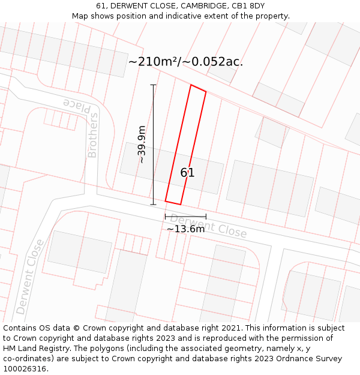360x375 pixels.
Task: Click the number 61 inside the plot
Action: click(x=187, y=173)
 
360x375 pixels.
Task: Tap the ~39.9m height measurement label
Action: click(x=142, y=145)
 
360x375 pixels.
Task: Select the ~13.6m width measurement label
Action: click(x=185, y=229)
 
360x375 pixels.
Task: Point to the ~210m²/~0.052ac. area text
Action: click(x=185, y=61)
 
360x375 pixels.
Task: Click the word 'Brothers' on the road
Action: click(x=92, y=136)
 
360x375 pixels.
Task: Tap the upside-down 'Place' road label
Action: click(x=78, y=106)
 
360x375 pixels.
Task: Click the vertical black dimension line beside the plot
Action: click(x=153, y=144)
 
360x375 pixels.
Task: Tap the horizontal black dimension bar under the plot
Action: click(x=185, y=217)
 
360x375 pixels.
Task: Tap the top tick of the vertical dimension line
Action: click(x=153, y=85)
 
